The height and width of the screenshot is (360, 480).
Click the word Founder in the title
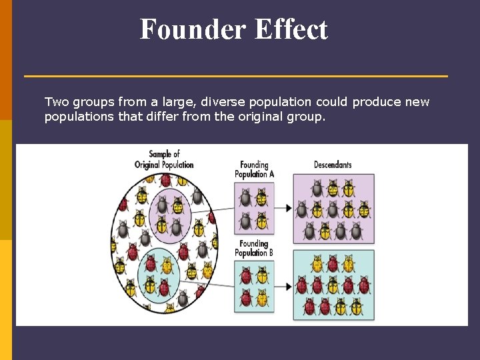click(183, 30)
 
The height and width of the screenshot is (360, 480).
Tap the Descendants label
click(333, 165)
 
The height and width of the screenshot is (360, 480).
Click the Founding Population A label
click(254, 169)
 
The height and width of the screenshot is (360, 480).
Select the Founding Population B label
click(254, 248)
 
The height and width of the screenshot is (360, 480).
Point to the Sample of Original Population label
click(164, 159)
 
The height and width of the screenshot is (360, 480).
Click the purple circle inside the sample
click(170, 213)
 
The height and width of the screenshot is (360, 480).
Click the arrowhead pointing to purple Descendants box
click(288, 208)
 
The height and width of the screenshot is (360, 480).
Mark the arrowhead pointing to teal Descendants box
click(288, 287)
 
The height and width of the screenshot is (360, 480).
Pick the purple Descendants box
click(333, 208)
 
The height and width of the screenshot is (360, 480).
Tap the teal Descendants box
click(333, 285)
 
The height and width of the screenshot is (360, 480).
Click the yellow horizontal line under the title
click(236, 76)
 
